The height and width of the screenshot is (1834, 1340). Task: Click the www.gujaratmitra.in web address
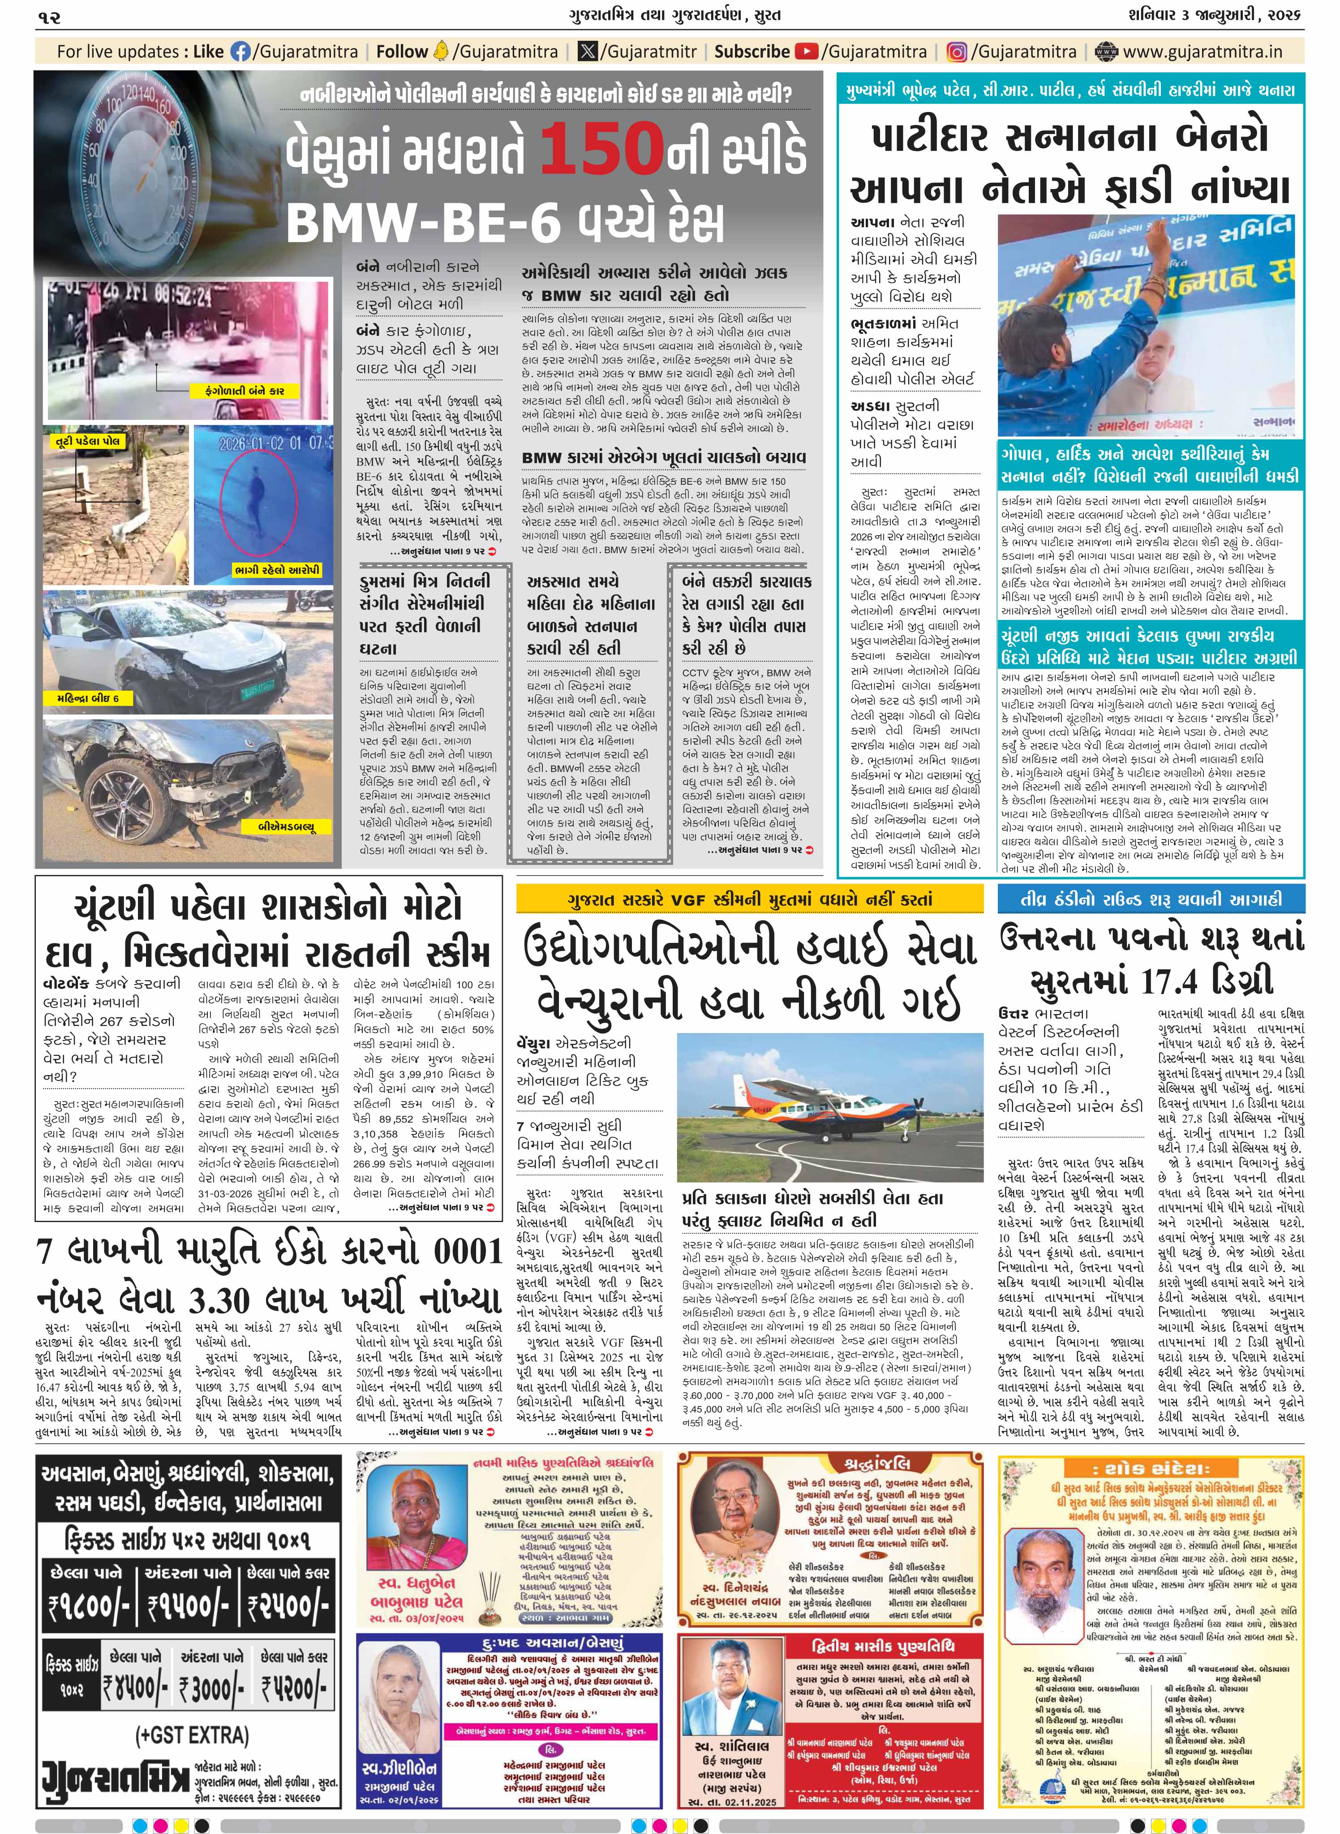(x=1203, y=52)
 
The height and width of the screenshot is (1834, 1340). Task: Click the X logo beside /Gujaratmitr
(x=586, y=52)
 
